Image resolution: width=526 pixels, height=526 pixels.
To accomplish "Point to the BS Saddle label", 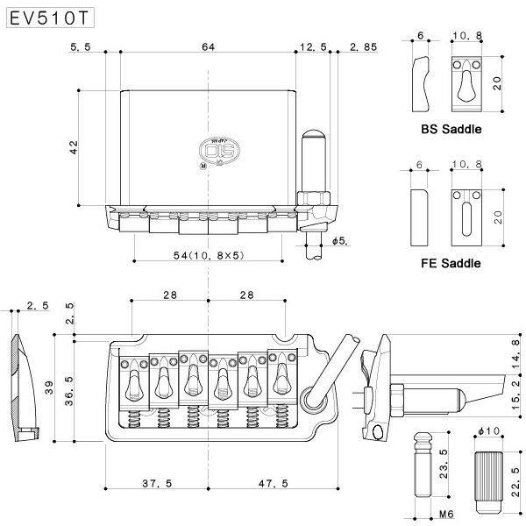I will [451, 129].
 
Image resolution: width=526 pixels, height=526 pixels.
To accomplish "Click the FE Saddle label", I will [451, 262].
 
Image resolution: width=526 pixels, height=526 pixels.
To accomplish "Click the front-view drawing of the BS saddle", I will [468, 83].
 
